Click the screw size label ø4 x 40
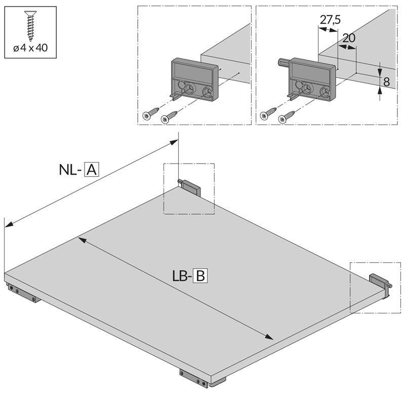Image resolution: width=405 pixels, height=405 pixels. (x=30, y=48)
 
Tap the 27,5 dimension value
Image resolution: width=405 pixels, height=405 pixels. (x=330, y=20)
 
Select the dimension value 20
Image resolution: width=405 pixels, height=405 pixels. (x=349, y=38)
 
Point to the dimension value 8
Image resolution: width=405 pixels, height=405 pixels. (x=386, y=82)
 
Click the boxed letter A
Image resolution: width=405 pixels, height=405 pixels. (x=92, y=170)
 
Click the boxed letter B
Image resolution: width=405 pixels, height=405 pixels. (x=200, y=276)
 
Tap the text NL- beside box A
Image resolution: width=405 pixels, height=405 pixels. (x=70, y=170)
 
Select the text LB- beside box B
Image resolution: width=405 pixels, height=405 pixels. (x=182, y=276)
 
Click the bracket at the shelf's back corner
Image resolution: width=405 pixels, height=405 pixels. (x=189, y=187)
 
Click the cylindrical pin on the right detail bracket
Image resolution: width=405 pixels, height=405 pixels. (x=283, y=62)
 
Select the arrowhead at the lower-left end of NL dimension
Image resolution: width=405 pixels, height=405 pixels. (x=9, y=224)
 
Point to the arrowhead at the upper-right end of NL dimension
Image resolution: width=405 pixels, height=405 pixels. (x=173, y=142)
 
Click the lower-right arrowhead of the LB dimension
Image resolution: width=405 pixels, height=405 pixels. (x=269, y=337)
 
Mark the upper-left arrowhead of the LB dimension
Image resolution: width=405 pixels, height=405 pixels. (x=82, y=240)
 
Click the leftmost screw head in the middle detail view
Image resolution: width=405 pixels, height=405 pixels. (x=147, y=115)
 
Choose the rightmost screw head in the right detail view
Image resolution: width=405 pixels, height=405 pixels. (x=282, y=119)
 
